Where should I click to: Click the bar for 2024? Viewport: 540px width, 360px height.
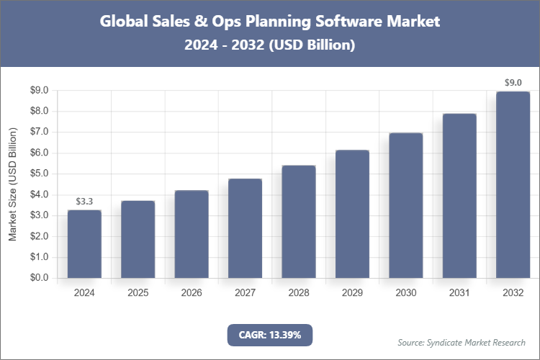[84, 244]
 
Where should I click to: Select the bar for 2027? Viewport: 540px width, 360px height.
[245, 228]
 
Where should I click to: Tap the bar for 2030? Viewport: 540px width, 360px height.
[405, 205]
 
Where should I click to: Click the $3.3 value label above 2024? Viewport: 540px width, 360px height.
[84, 201]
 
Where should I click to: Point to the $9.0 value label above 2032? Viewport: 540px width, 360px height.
[513, 82]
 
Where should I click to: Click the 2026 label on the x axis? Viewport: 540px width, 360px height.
[192, 293]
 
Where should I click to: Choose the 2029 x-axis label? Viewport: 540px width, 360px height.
[352, 293]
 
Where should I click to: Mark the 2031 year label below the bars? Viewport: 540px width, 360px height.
[459, 293]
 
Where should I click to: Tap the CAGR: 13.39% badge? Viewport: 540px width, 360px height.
[270, 335]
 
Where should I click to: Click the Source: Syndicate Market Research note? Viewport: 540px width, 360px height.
[462, 342]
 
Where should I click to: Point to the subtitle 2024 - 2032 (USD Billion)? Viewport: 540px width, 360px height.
[270, 45]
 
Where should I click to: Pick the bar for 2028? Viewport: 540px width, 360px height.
[298, 222]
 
